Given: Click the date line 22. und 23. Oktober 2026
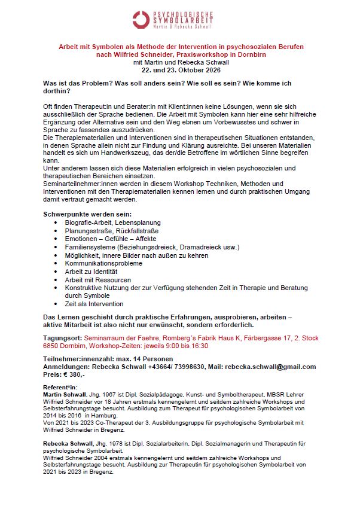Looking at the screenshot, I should (x=180, y=69).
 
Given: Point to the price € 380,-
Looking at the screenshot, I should (x=77, y=374).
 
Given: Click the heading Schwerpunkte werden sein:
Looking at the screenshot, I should (x=88, y=214).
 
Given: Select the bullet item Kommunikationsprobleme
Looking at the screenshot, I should (x=103, y=263).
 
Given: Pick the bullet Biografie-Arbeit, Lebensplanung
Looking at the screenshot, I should (x=112, y=223).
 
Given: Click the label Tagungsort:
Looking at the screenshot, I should (x=62, y=338).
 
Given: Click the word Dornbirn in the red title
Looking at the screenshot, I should (x=249, y=54).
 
